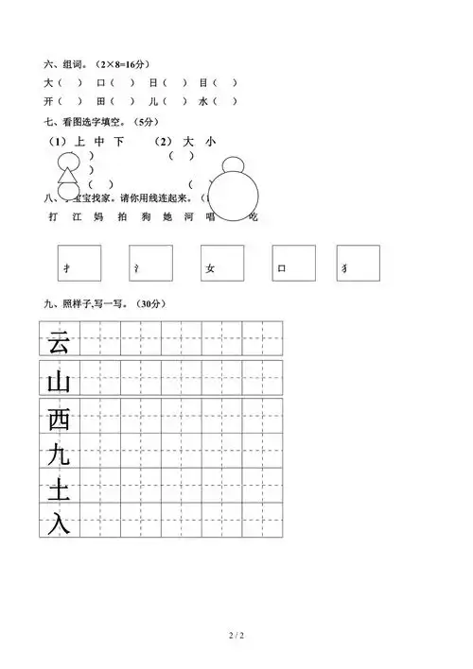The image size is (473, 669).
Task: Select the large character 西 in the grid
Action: [59, 418]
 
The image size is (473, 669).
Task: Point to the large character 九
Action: [59, 455]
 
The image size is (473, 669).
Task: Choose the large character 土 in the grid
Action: [59, 489]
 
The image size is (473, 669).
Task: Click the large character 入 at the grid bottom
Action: [59, 522]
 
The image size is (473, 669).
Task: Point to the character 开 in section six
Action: [47, 101]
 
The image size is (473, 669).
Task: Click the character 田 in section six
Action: [101, 101]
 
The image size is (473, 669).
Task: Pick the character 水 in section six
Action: [203, 101]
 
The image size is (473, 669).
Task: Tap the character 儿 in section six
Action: [153, 101]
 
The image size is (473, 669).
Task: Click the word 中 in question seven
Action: [99, 142]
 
